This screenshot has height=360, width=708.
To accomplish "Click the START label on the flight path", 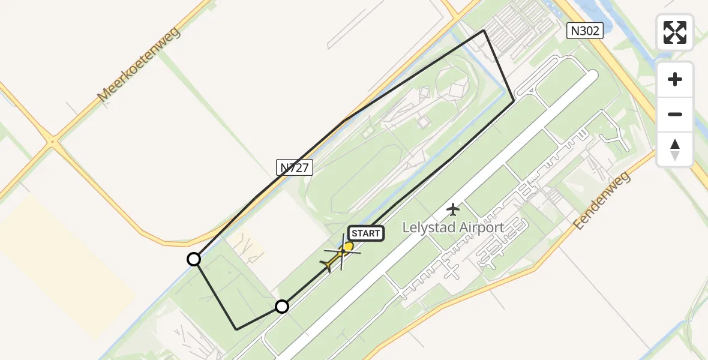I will pyautogui.click(x=365, y=233).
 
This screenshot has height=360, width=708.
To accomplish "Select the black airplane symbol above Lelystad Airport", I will pyautogui.click(x=453, y=209).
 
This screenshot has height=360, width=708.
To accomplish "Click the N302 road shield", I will pyautogui.click(x=585, y=31).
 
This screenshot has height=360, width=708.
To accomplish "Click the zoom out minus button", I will pyautogui.click(x=675, y=115).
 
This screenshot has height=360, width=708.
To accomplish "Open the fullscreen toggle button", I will pyautogui.click(x=675, y=32).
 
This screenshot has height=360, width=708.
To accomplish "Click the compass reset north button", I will pyautogui.click(x=675, y=149).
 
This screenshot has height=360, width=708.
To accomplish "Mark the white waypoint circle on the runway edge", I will pyautogui.click(x=282, y=307).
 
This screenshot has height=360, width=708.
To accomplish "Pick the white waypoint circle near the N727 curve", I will pyautogui.click(x=194, y=259).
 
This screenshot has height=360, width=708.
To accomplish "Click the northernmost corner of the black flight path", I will pyautogui.click(x=484, y=31).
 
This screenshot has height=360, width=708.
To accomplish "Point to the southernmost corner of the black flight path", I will pyautogui.click(x=237, y=329).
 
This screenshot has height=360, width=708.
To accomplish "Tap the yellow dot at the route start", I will pyautogui.click(x=349, y=246).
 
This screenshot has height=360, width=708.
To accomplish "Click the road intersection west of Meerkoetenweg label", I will pyautogui.click(x=53, y=142).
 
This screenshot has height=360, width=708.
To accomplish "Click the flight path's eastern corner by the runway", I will pyautogui.click(x=514, y=102).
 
